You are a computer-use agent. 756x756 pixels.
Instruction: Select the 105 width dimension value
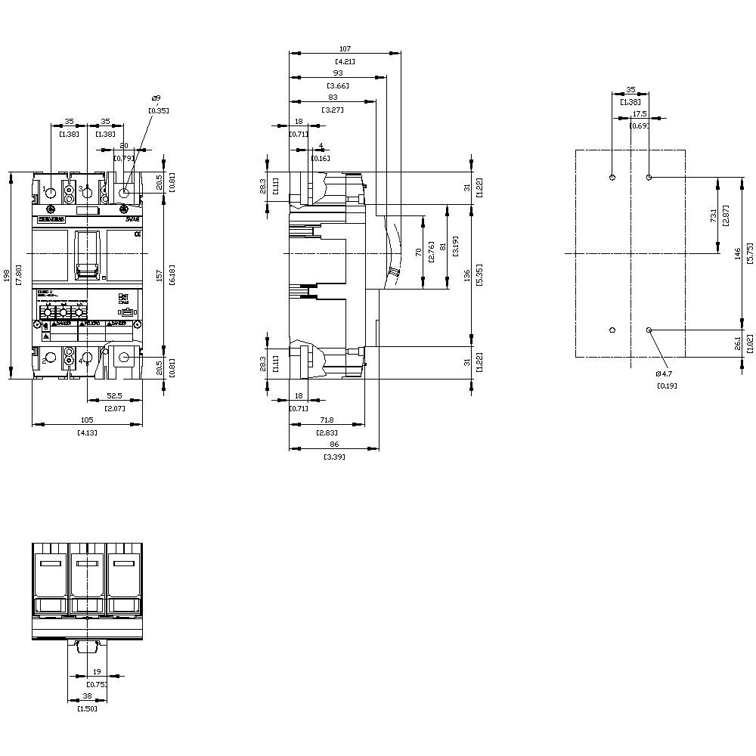(87, 420)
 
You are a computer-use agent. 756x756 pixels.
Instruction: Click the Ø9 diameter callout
(156, 98)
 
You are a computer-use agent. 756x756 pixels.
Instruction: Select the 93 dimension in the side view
(337, 73)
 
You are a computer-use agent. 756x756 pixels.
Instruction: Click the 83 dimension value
(333, 98)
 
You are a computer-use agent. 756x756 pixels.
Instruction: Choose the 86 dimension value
(334, 445)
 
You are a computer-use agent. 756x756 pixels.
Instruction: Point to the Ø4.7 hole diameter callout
(665, 373)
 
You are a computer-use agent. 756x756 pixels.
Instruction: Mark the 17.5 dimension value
(640, 114)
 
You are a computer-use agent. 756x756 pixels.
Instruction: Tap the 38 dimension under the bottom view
(87, 697)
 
